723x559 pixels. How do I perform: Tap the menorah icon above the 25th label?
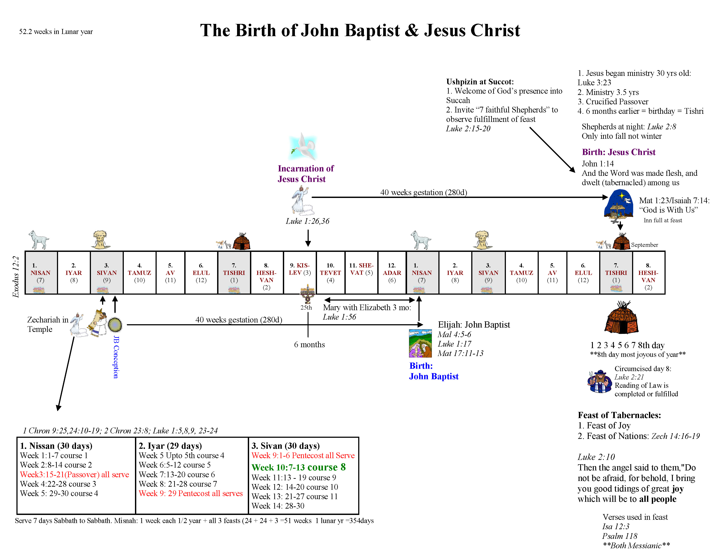[308, 293]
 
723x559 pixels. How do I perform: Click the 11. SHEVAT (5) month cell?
[361, 272]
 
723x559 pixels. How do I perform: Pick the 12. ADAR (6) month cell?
[392, 272]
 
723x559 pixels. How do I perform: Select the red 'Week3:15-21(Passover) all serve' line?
[74, 475]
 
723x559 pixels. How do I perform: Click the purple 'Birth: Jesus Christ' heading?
[618, 152]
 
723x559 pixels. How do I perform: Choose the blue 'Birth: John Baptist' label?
[433, 371]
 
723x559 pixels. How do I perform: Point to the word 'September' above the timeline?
[644, 245]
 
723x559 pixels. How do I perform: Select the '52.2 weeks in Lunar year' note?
[56, 32]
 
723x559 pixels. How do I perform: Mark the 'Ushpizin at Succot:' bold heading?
[480, 82]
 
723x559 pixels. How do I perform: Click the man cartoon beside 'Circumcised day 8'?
[599, 381]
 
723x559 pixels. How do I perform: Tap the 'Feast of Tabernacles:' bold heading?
[619, 415]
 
